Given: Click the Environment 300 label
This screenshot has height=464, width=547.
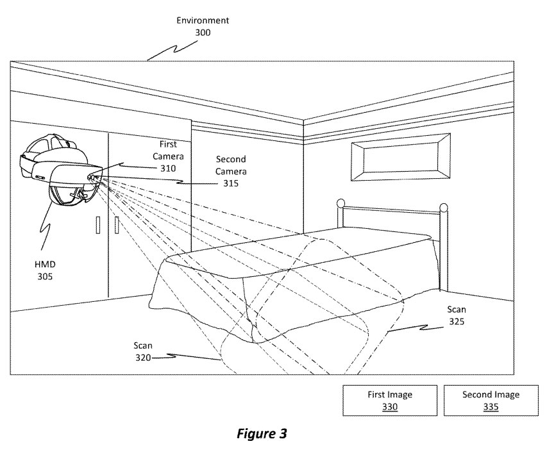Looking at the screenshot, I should [x=203, y=26].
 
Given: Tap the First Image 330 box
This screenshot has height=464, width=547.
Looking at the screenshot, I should [x=391, y=401].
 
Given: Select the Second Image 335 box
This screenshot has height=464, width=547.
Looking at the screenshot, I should [x=491, y=401].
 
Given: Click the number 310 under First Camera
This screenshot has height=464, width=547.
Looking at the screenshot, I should [x=168, y=168].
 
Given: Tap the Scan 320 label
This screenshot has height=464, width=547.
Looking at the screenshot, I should [x=144, y=351].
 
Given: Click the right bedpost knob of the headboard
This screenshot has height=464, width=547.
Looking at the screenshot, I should [x=443, y=208].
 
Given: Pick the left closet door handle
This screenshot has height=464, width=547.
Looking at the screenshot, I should [x=98, y=226].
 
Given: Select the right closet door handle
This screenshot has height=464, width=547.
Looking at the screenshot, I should [x=117, y=226].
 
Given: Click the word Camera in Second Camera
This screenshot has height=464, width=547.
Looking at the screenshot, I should [x=230, y=171].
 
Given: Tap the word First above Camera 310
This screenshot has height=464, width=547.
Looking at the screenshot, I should [x=168, y=145].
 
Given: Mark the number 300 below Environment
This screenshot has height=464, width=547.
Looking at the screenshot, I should [x=203, y=32].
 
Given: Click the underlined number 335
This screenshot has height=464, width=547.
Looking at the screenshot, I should [x=491, y=406].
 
